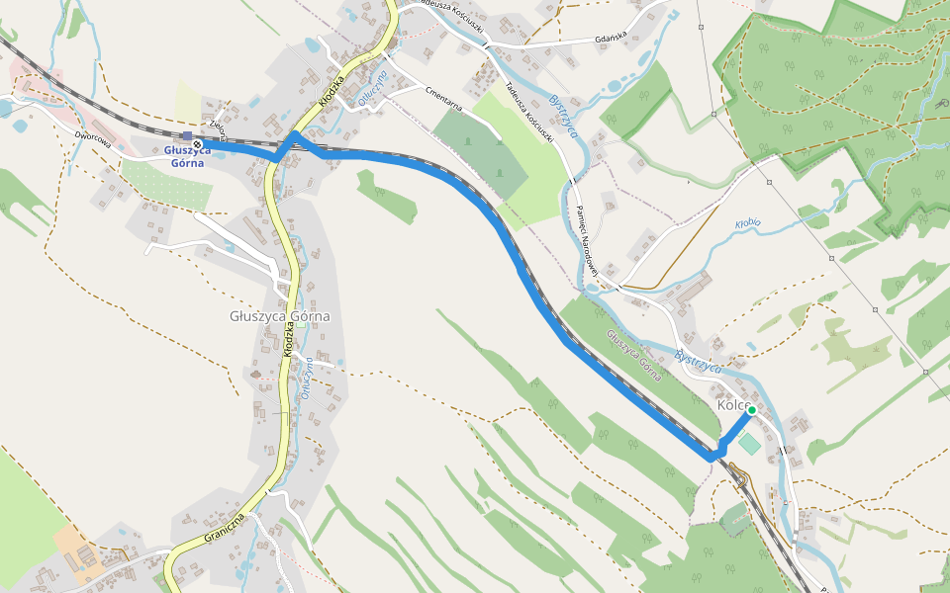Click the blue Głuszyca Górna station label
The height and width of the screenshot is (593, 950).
pos(185,156)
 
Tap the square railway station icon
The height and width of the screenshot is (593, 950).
pos(187,135)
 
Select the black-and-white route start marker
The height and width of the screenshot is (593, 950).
pos(198,143)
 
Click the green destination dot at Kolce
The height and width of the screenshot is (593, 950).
pos(752,409)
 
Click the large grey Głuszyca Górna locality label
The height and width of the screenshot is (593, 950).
pos(279,317)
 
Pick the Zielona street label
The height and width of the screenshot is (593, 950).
pos(219,129)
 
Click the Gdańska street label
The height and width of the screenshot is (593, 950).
pos(613,40)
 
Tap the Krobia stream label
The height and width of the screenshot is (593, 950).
pos(747,223)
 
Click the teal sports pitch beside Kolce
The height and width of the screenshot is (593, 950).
pos(750,444)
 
